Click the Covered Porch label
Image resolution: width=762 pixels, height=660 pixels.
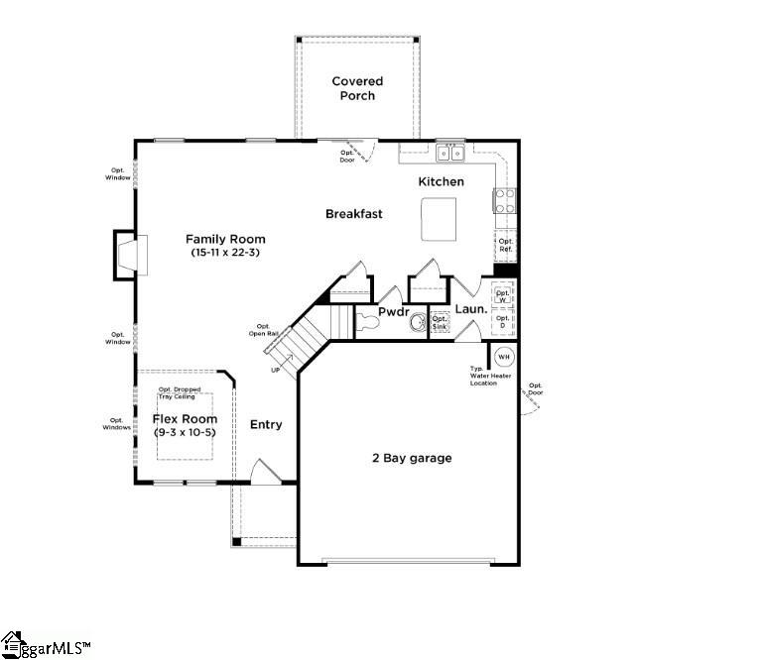[x=357, y=88]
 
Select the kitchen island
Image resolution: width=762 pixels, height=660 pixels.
[x=439, y=219]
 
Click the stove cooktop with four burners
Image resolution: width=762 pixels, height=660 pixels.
[x=504, y=201]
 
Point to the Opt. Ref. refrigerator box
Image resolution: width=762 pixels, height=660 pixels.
[x=506, y=246]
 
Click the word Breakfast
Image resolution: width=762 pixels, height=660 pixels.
[x=354, y=214]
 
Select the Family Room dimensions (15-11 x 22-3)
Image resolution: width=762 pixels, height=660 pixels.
[x=226, y=254]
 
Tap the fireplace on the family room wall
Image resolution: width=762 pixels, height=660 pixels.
[x=131, y=253]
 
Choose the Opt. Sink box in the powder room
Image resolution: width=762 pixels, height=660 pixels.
[x=440, y=323]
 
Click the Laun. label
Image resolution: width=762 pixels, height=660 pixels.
[x=470, y=309]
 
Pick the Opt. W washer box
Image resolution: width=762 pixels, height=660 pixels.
[x=504, y=295]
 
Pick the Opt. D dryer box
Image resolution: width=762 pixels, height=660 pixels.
[x=504, y=323]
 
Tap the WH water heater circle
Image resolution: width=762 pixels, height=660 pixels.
[x=503, y=357]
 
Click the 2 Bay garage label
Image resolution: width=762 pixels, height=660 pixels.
[x=412, y=458]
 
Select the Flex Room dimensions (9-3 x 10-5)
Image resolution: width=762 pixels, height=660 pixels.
[x=185, y=433]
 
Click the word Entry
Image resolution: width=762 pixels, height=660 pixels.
[x=266, y=425]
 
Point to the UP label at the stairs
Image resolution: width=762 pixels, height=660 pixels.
[x=276, y=370]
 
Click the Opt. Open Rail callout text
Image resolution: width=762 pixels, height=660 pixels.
[x=264, y=330]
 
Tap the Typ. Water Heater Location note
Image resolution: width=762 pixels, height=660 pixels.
[x=490, y=376]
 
